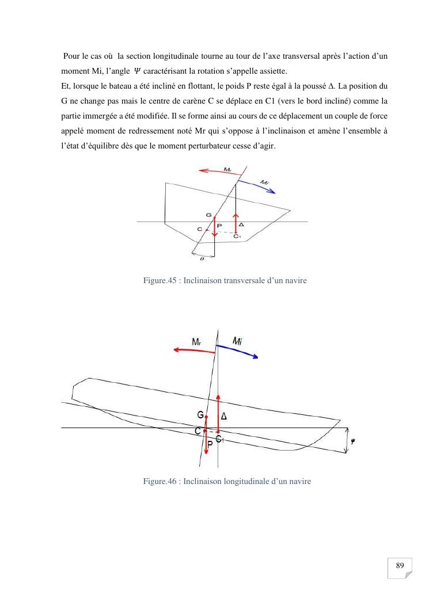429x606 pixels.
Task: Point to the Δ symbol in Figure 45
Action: pos(242,225)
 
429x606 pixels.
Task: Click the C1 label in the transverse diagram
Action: pos(236,235)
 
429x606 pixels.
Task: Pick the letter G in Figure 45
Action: pos(208,215)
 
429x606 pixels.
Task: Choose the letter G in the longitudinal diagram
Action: pos(200,415)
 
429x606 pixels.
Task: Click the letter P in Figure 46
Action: pos(210,444)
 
